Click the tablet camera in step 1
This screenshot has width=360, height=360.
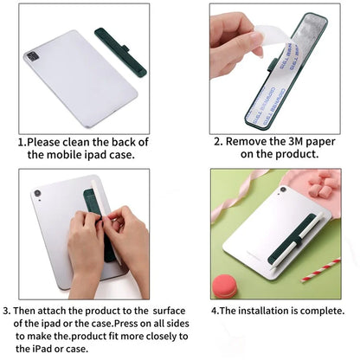pyautogui.click(x=33, y=57)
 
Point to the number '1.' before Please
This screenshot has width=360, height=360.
pyautogui.click(x=23, y=142)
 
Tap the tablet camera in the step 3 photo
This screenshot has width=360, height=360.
pyautogui.click(x=37, y=192)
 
